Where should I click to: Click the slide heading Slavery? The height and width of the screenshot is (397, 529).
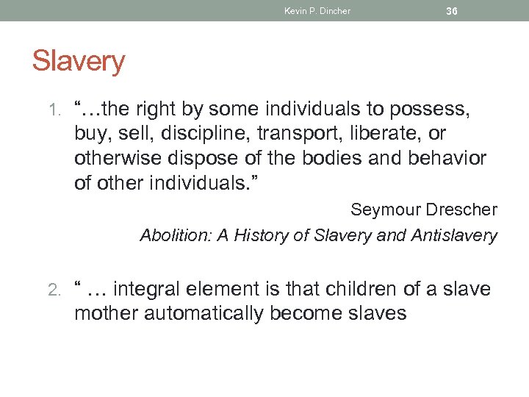[x=79, y=61]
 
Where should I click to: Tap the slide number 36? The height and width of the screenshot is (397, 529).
[x=452, y=11]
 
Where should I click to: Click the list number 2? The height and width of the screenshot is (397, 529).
[x=58, y=290]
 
